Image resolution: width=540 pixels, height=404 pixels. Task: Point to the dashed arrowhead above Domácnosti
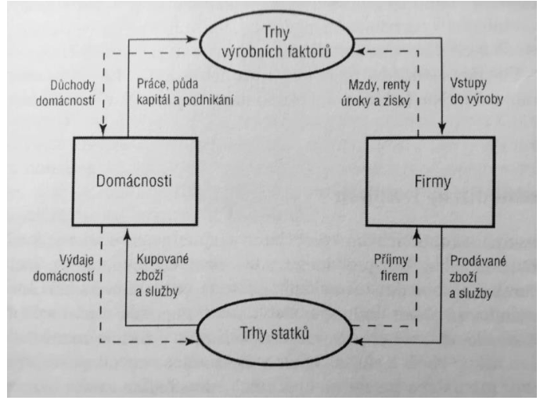point(103,130)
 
